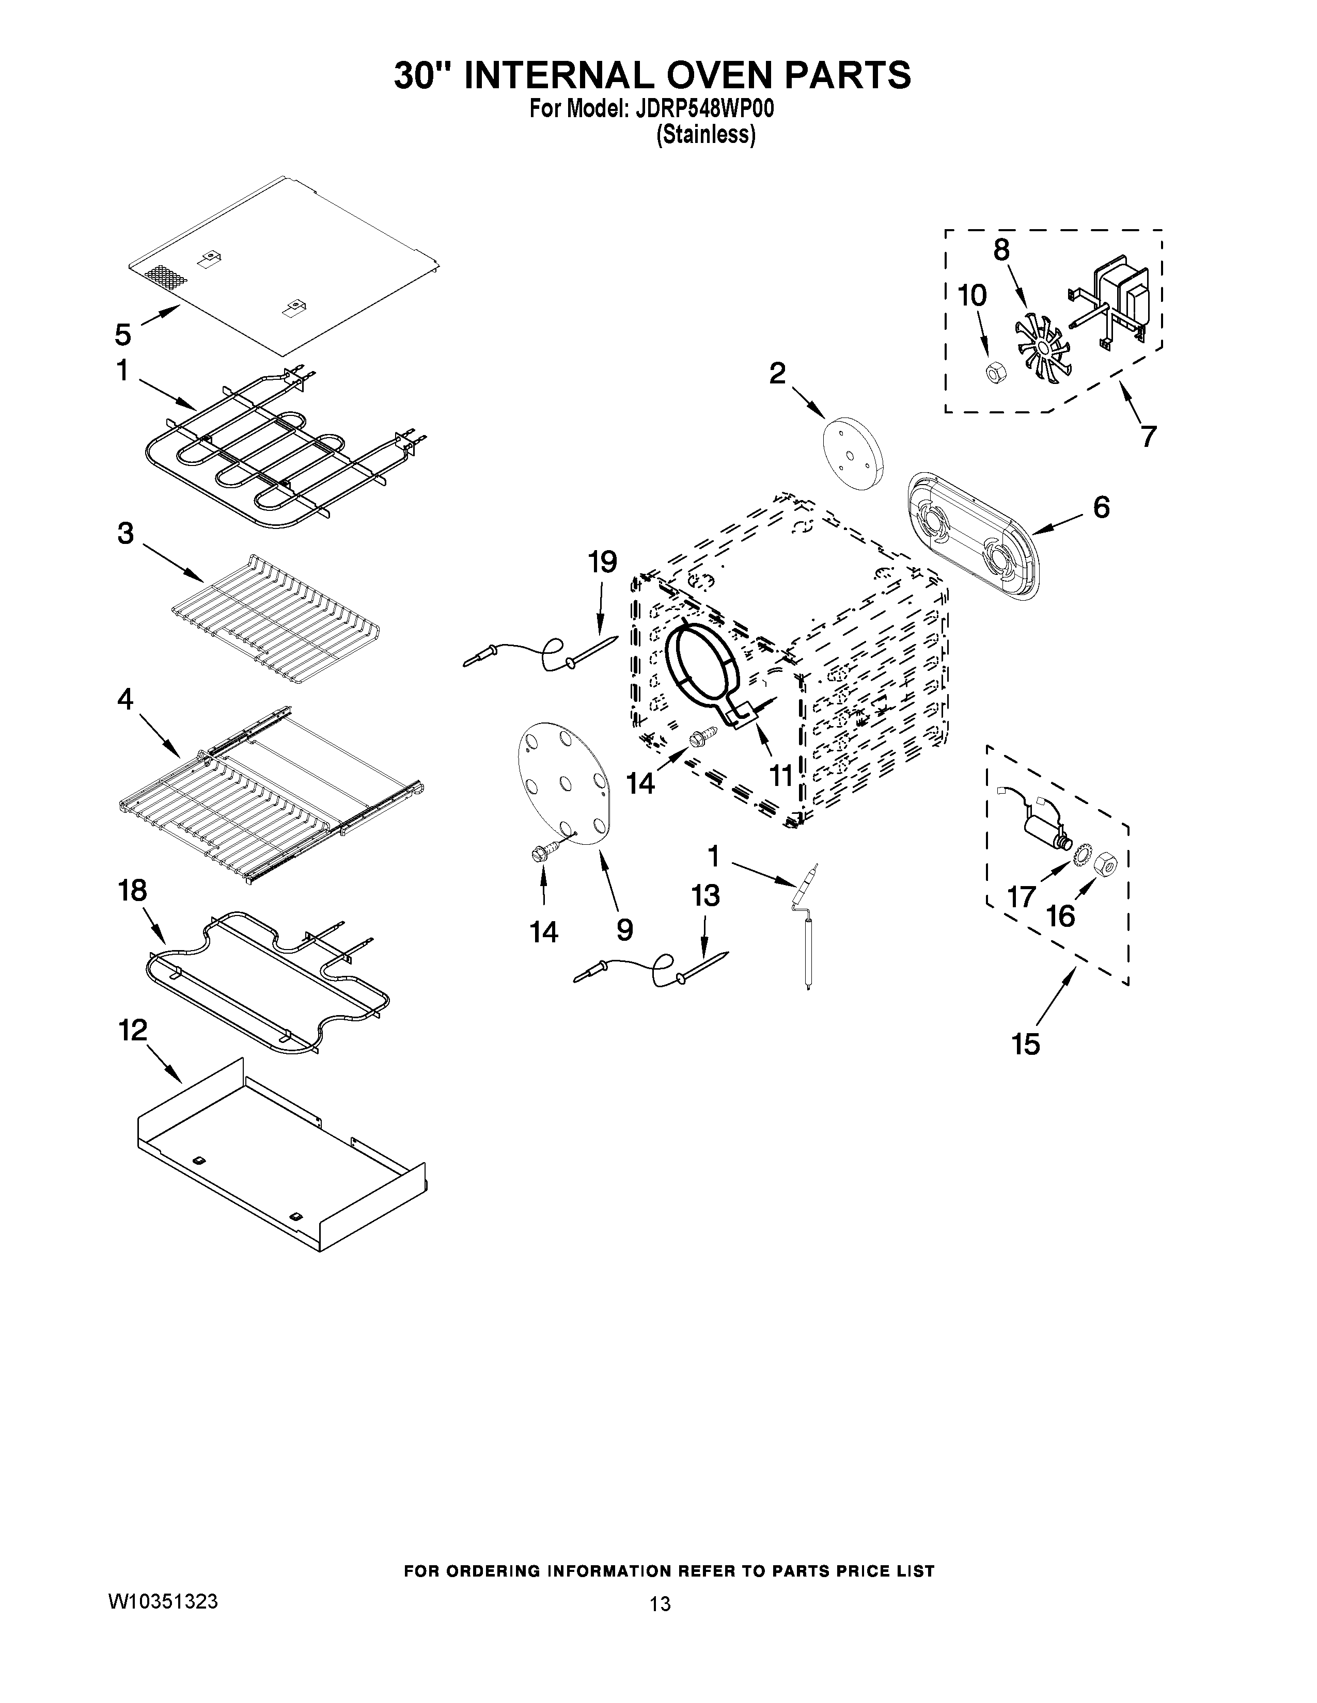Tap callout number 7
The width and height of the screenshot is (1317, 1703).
tap(1148, 436)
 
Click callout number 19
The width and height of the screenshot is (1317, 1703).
tap(602, 561)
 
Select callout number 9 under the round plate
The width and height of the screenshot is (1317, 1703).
tap(624, 929)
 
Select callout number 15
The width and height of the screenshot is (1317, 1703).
tap(1026, 1043)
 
